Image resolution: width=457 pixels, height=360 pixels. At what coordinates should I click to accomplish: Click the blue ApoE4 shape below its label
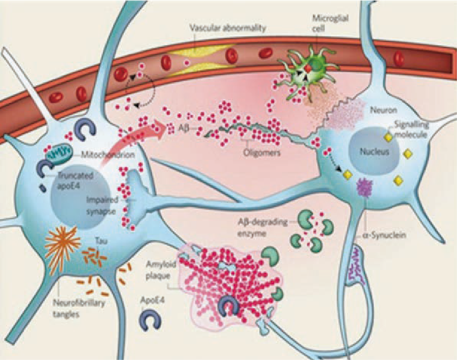[x=150, y=322]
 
